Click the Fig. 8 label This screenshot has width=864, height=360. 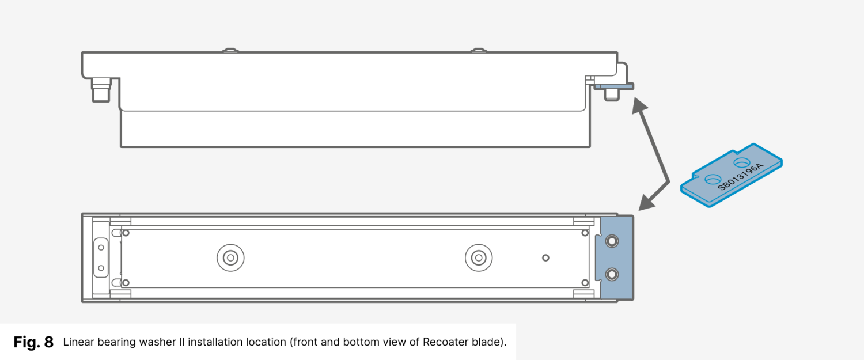click(x=33, y=342)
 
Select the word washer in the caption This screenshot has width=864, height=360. click(x=157, y=342)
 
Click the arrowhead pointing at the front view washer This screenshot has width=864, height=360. click(x=638, y=104)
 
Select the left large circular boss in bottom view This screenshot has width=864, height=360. click(x=230, y=257)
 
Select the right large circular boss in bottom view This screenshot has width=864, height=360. click(x=478, y=257)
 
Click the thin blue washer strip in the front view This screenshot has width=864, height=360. click(x=613, y=86)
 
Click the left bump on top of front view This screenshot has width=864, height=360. click(x=230, y=50)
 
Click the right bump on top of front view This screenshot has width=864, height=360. click(x=478, y=50)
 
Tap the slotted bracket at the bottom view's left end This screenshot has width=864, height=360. click(x=101, y=257)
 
